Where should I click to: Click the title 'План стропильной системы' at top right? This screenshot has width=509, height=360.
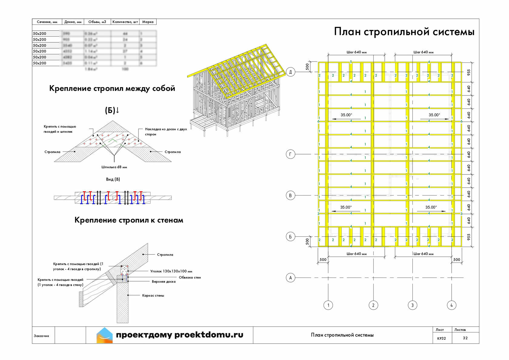coord(404,32)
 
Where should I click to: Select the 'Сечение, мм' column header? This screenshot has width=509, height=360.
coord(47,22)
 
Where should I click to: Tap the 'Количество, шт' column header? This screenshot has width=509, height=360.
coord(125,22)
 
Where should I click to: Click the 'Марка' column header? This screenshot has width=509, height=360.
coord(148,22)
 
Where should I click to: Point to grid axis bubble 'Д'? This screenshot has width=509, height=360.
coord(291,72)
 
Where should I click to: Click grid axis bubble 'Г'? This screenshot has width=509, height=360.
coord(291,154)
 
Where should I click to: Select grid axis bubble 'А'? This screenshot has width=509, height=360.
coord(291,278)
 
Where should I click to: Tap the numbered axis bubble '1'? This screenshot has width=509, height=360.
coord(328,305)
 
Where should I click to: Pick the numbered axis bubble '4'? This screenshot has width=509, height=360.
coord(451,305)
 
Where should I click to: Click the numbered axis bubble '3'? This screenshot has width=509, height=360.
coord(412,305)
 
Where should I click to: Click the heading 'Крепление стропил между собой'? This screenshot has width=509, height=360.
coord(112,88)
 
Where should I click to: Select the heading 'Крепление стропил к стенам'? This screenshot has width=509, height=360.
coord(129,220)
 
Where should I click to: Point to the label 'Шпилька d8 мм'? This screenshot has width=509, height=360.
coord(114,167)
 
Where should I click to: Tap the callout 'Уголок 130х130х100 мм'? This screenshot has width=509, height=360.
coord(171,271)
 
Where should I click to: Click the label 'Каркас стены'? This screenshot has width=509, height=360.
coord(153,295)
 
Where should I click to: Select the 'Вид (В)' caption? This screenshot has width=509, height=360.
coord(113,179)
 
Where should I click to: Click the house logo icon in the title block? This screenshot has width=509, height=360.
coord(105,335)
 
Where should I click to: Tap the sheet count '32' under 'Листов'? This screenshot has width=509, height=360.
coord(465,338)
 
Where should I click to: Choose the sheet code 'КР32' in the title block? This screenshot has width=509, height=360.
coord(441,338)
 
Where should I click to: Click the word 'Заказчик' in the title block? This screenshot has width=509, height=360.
coord(42,336)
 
